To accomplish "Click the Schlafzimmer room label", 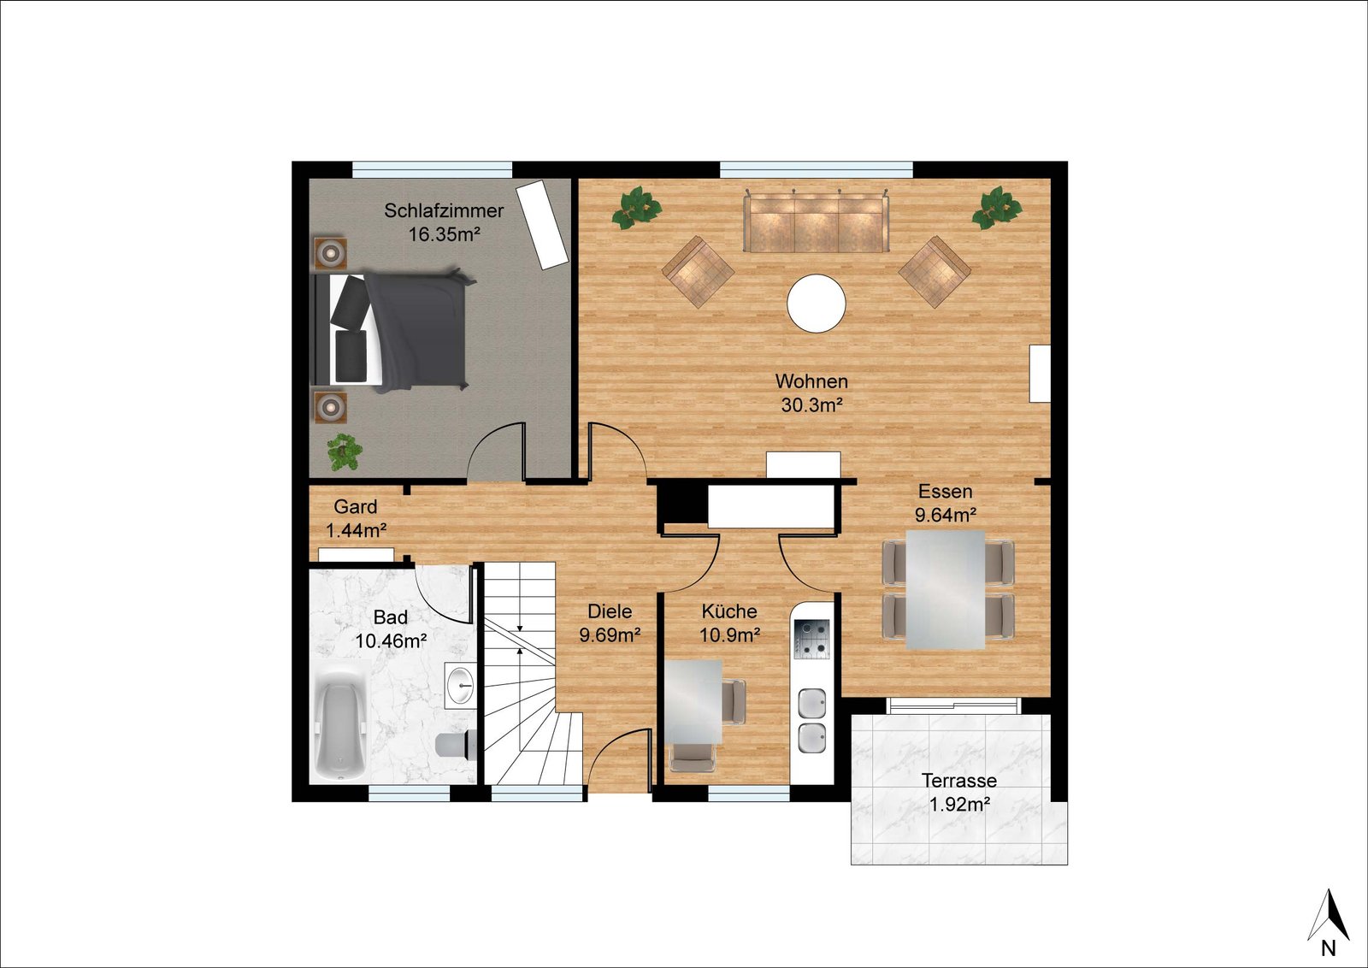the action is click(x=444, y=210).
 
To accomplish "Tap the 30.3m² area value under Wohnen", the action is click(x=812, y=405).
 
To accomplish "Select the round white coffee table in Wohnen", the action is click(x=817, y=303).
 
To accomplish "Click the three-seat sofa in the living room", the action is click(x=816, y=221).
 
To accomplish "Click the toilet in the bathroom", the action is click(x=456, y=744).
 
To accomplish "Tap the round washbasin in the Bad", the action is click(x=461, y=685).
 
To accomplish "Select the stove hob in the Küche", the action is click(x=811, y=640).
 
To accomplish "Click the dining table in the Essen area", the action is click(x=946, y=589).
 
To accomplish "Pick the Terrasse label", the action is click(x=959, y=781).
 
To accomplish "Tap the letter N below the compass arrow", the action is click(x=1329, y=948).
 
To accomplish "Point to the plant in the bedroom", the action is click(x=345, y=452).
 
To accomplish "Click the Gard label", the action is click(x=356, y=507).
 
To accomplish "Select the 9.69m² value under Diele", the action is click(x=610, y=635).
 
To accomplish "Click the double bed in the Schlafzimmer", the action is click(x=391, y=330).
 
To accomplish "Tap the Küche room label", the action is click(x=729, y=611).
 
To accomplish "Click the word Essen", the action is click(x=946, y=492).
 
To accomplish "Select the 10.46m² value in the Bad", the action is click(x=391, y=641).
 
